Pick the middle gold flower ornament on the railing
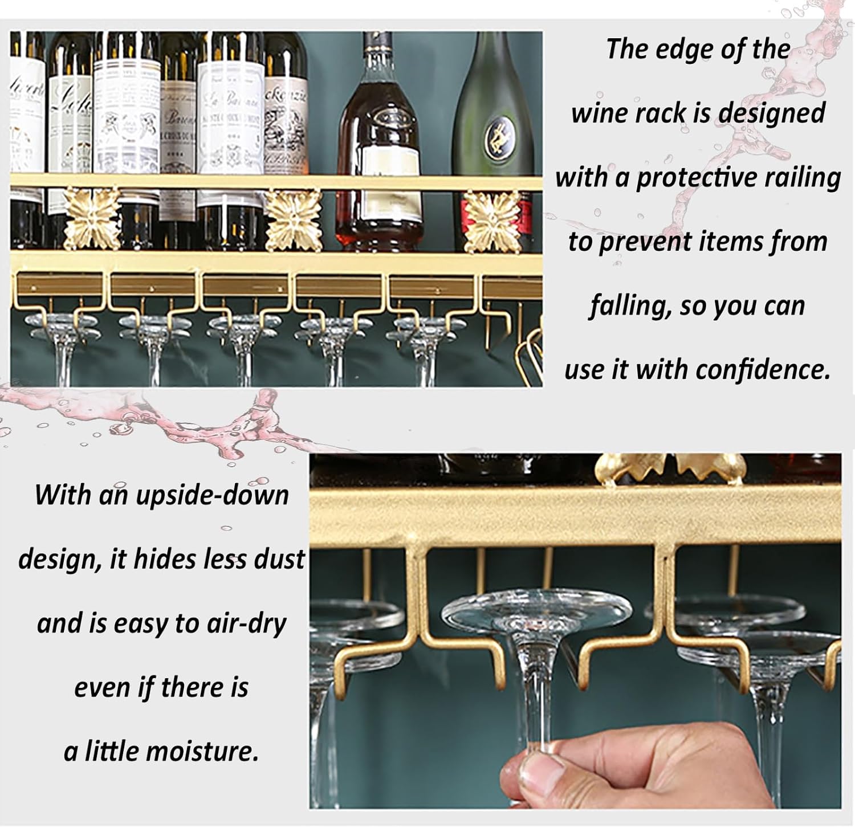pyautogui.click(x=294, y=219)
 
